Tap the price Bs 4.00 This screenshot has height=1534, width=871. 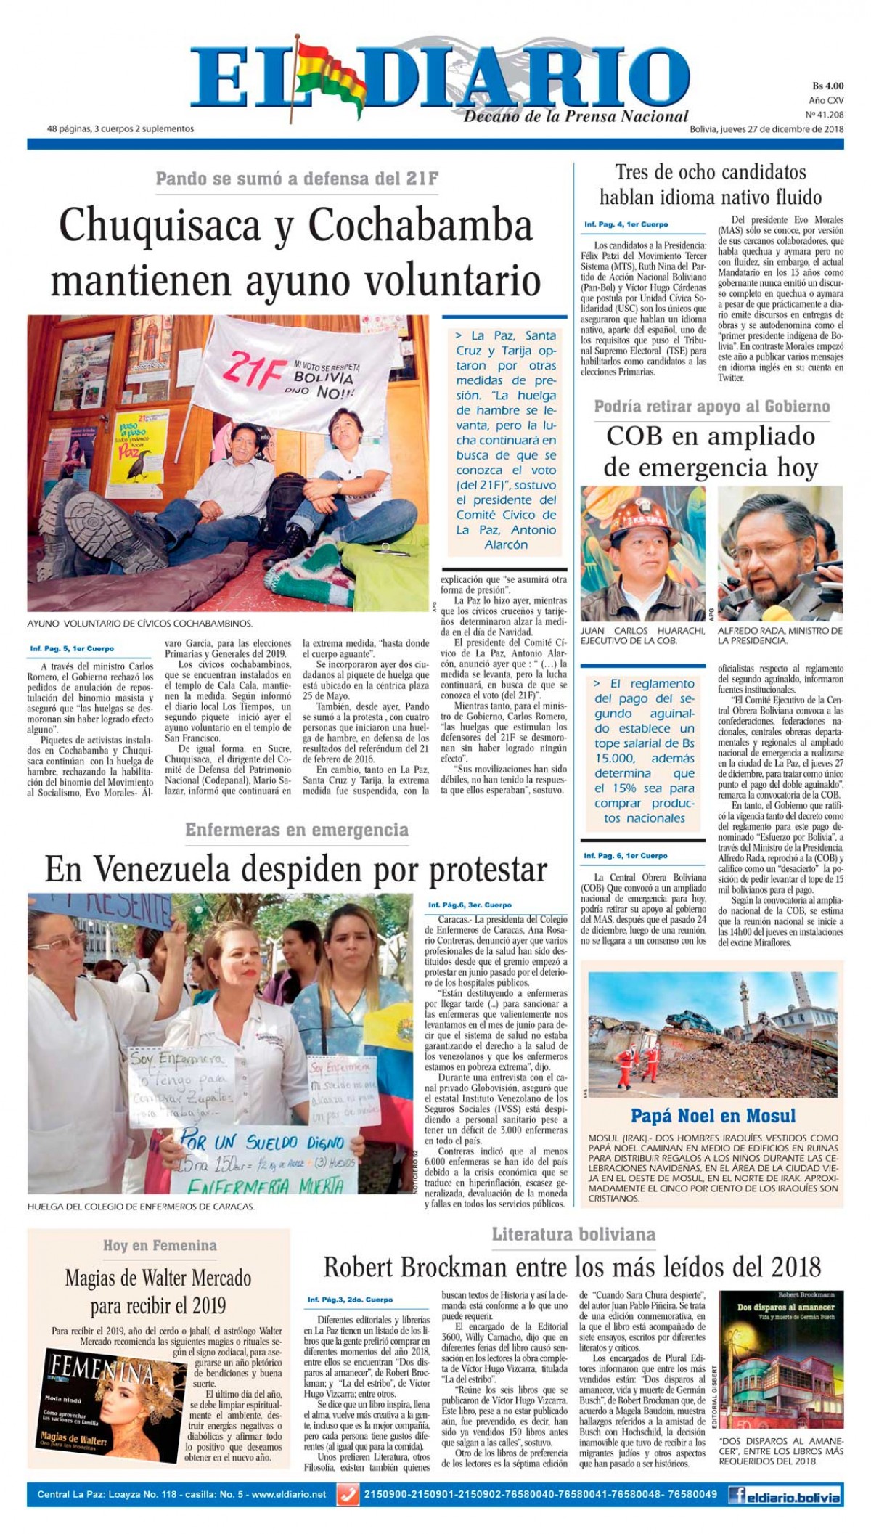[827, 86]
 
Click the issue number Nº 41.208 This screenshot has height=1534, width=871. [825, 115]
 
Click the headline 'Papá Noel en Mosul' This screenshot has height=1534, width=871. [713, 1116]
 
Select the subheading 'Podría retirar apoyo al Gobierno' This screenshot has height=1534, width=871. [711, 407]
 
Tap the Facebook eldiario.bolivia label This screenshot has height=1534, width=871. [785, 1496]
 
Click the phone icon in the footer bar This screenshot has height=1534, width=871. [348, 1495]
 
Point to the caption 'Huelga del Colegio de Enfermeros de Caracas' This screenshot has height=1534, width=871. [141, 1207]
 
